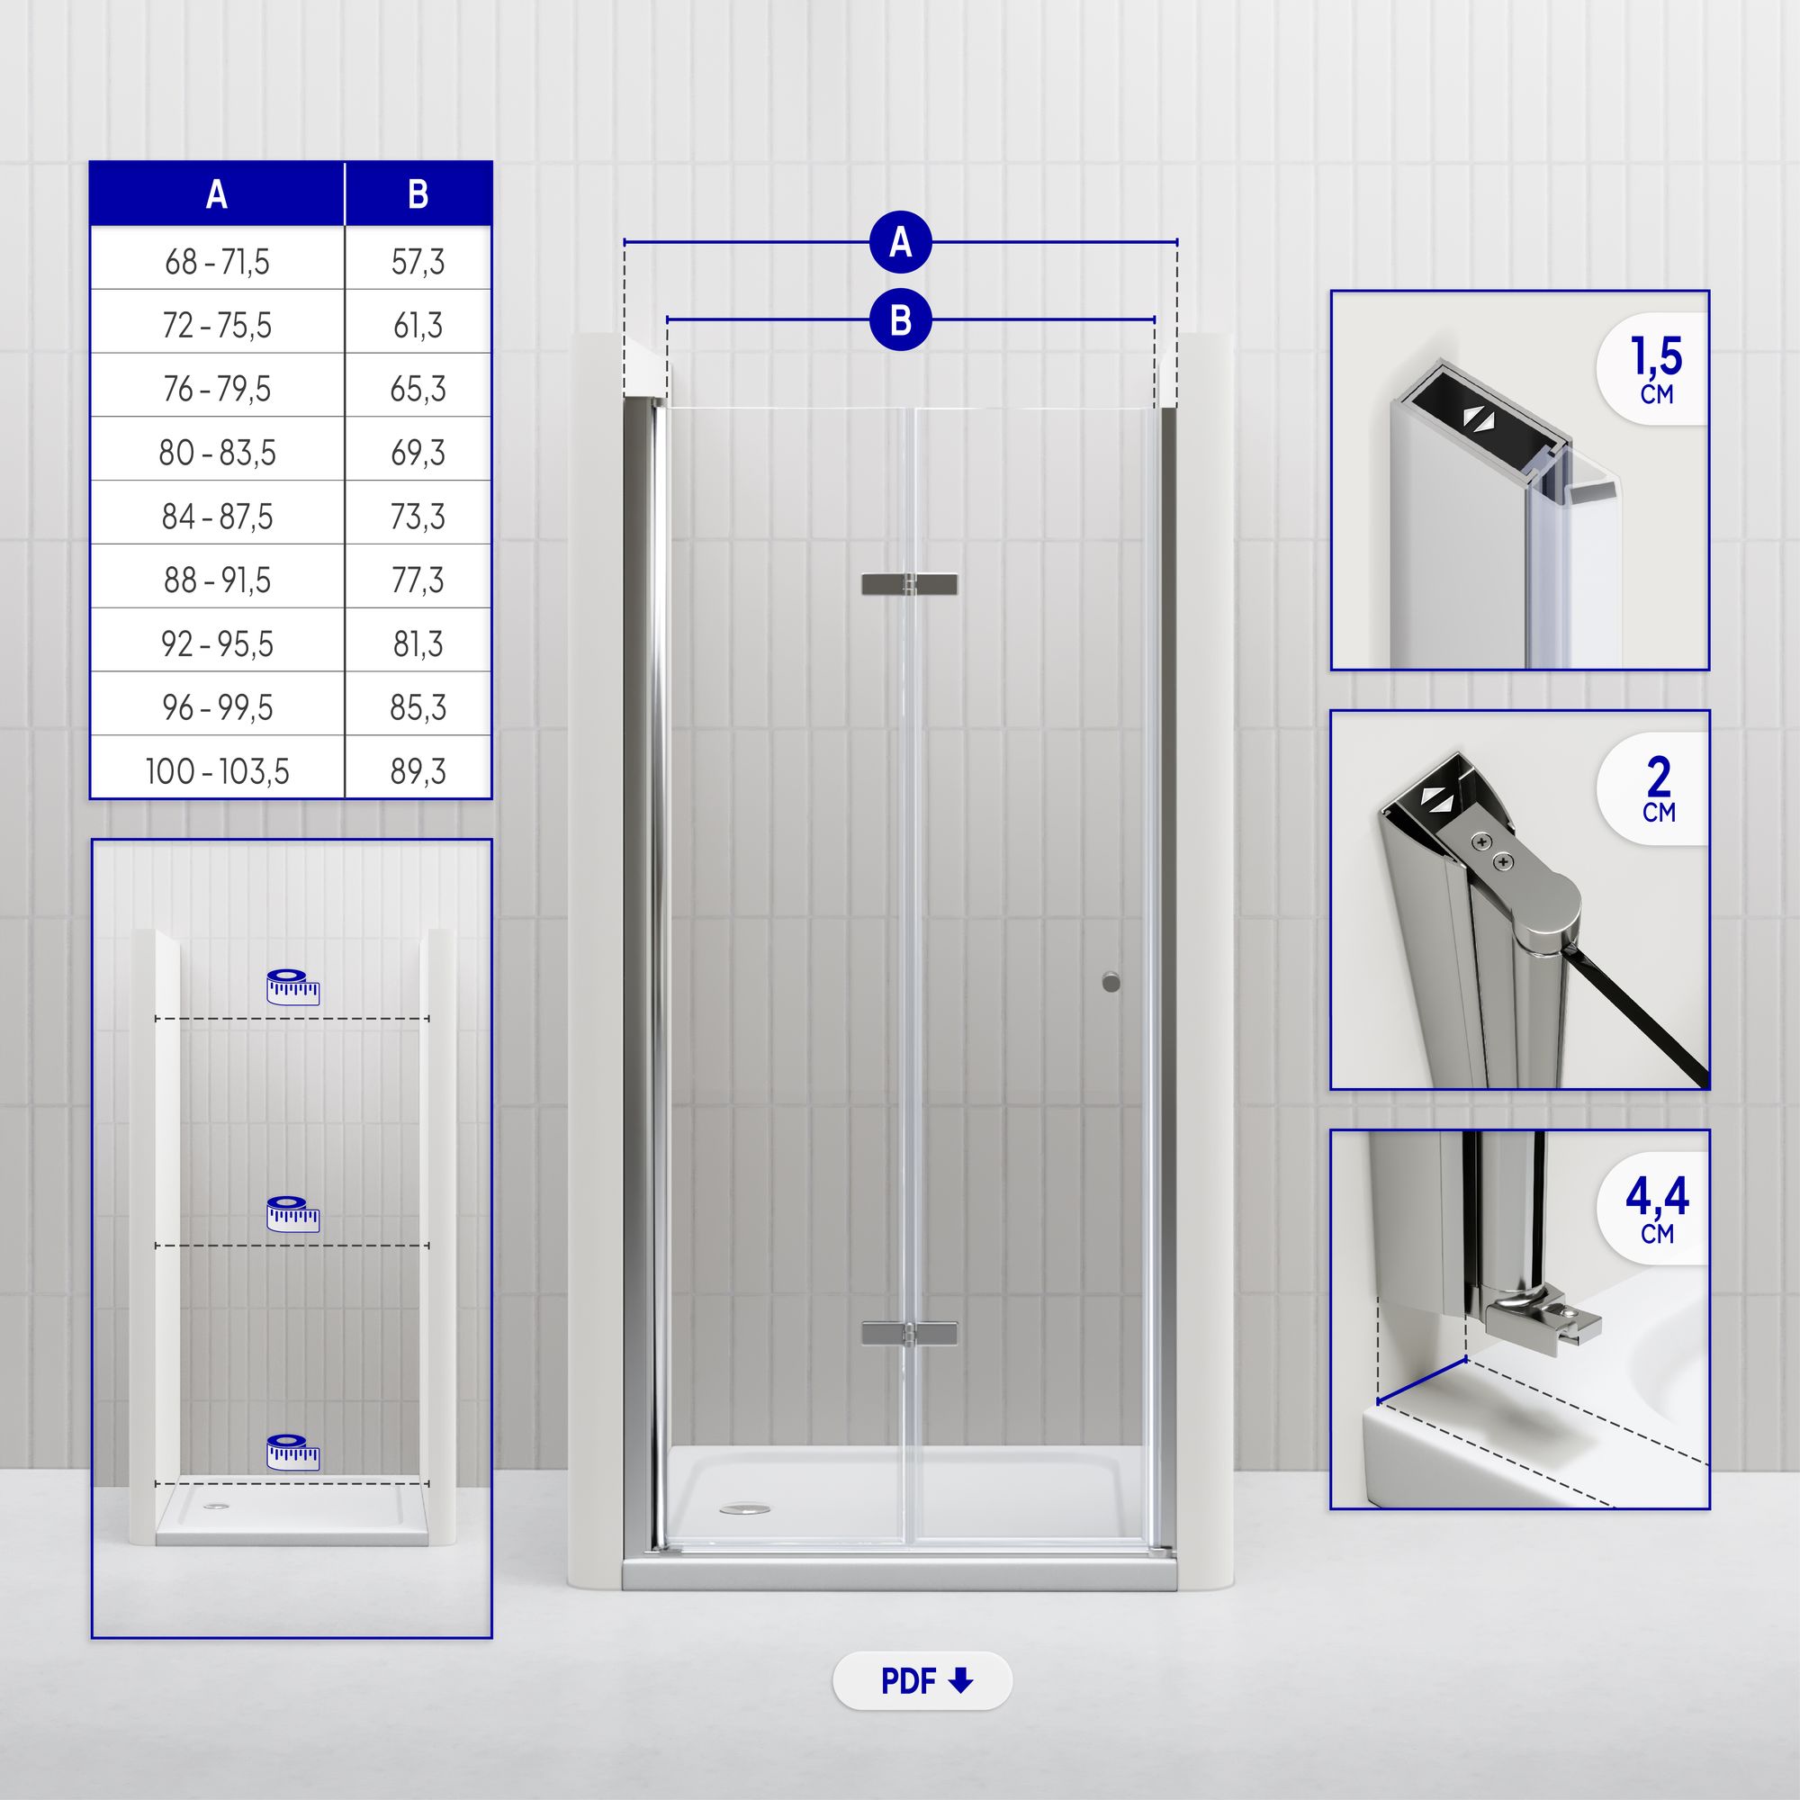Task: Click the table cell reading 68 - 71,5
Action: [x=217, y=262]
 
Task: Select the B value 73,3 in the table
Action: [x=418, y=516]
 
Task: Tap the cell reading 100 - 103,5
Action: [x=217, y=771]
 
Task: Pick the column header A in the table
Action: [x=217, y=194]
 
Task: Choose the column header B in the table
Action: [x=418, y=194]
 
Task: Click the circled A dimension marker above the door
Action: [x=901, y=242]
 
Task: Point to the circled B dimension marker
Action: [x=901, y=319]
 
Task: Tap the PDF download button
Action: [x=922, y=1680]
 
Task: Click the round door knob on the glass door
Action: [x=1111, y=981]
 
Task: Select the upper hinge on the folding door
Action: [x=909, y=584]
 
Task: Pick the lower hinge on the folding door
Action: [x=909, y=1333]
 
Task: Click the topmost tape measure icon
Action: [x=292, y=986]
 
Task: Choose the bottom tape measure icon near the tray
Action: [x=292, y=1452]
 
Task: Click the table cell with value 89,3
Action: [x=418, y=771]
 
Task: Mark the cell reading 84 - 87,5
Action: [x=217, y=516]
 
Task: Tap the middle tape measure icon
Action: [x=292, y=1214]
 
